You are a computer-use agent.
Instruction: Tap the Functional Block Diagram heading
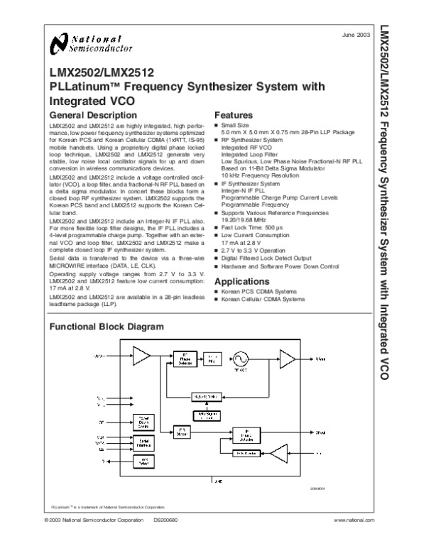pos(106,327)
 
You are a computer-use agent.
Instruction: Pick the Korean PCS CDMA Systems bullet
pos(258,293)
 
